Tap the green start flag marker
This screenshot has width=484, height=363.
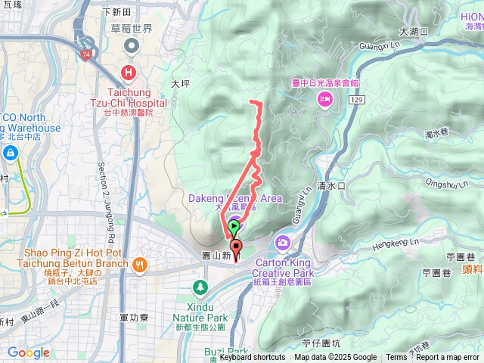[x=234, y=225]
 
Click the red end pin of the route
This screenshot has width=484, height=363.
[x=236, y=247]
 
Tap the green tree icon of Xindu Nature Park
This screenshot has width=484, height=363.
[x=200, y=287]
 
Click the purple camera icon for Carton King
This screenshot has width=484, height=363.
[x=283, y=242]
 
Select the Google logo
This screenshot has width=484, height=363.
[x=28, y=353]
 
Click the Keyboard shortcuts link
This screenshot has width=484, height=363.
[x=253, y=358]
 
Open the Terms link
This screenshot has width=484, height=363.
[x=396, y=358]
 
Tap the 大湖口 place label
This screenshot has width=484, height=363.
[x=413, y=32]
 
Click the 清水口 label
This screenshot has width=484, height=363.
[x=331, y=185]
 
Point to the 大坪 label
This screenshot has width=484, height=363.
[x=181, y=84]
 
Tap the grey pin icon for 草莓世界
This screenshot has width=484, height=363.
[x=132, y=47]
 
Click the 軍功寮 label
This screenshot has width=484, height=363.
[x=133, y=319]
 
